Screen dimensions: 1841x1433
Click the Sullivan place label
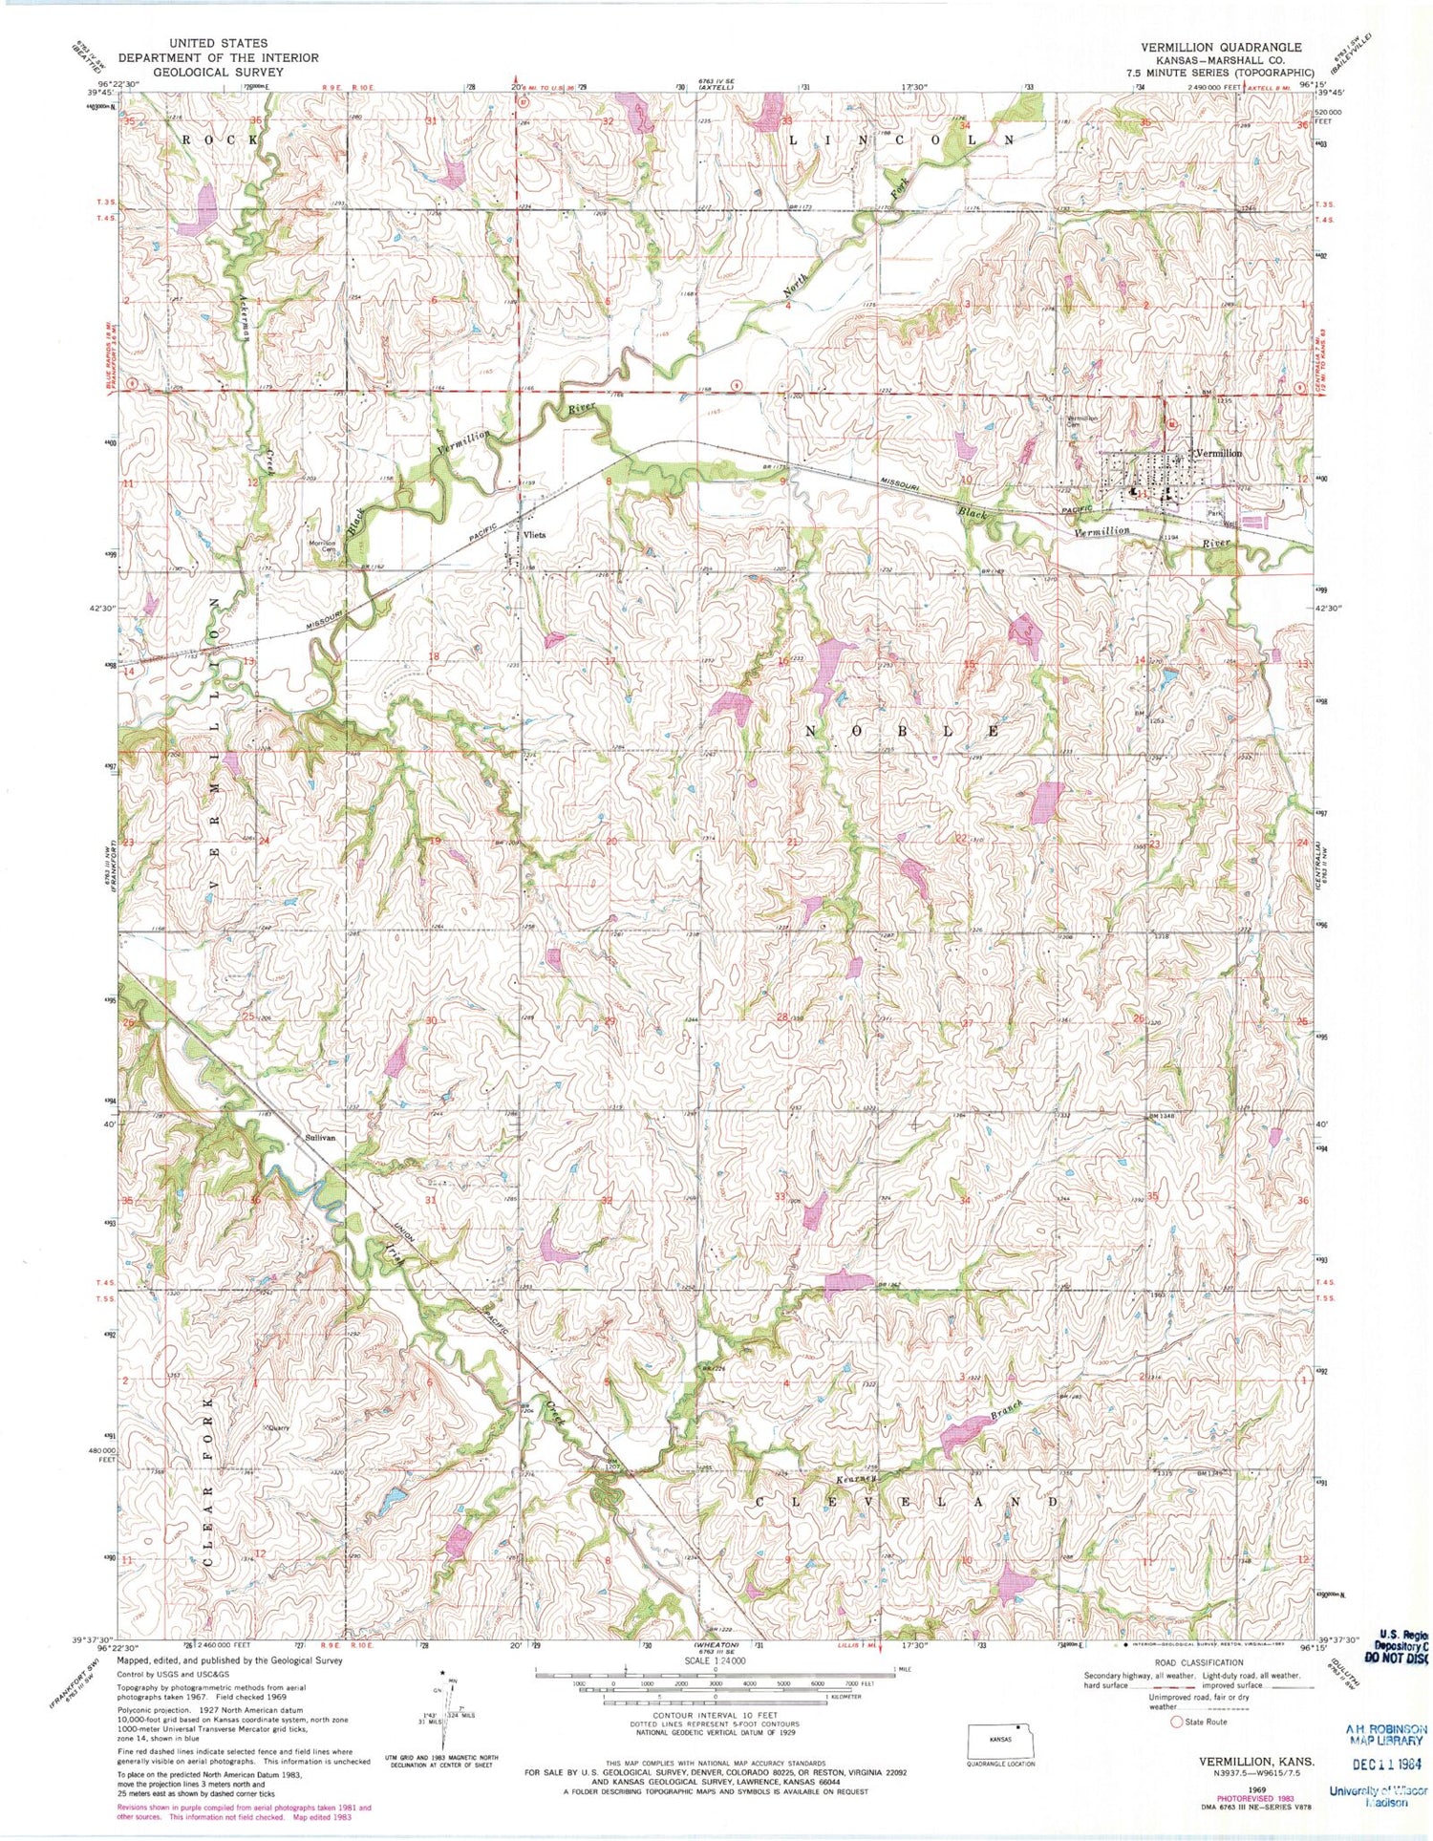pyautogui.click(x=322, y=1139)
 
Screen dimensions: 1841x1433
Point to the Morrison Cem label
pyautogui.click(x=322, y=546)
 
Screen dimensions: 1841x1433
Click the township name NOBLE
pyautogui.click(x=903, y=731)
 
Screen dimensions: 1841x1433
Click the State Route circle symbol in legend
pyautogui.click(x=1177, y=1722)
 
